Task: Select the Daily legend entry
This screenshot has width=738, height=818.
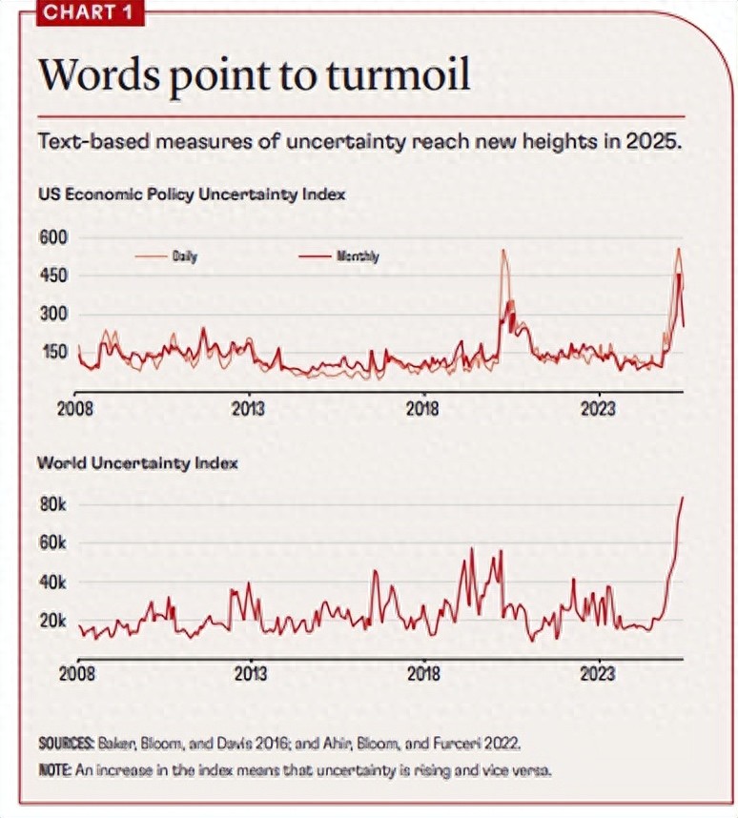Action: pos(185,256)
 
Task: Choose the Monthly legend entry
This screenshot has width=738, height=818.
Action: pos(357,256)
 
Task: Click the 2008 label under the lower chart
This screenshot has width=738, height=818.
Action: pos(76,673)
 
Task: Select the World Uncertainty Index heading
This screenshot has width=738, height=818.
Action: pos(137,463)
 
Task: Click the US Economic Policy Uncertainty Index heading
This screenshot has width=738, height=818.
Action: pos(191,194)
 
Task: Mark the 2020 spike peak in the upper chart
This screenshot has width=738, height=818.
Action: pos(503,251)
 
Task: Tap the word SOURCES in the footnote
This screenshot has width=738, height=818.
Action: pos(65,742)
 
